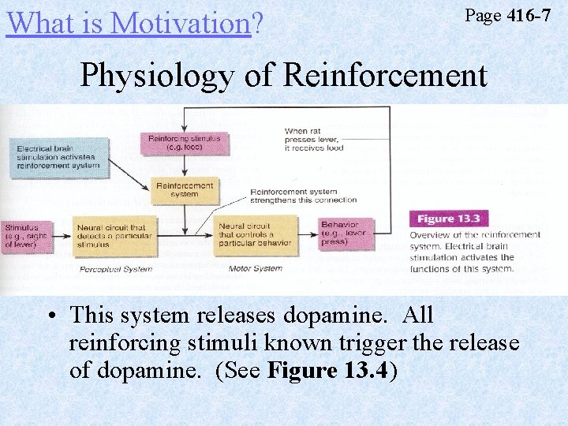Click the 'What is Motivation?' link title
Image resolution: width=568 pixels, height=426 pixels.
[x=129, y=22]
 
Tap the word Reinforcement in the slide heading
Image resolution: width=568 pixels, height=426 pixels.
[x=384, y=76]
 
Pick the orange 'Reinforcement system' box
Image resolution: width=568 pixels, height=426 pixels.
[x=185, y=190]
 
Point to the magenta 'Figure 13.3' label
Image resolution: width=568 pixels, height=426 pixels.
[x=447, y=219]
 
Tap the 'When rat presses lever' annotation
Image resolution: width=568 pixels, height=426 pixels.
[x=314, y=140]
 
